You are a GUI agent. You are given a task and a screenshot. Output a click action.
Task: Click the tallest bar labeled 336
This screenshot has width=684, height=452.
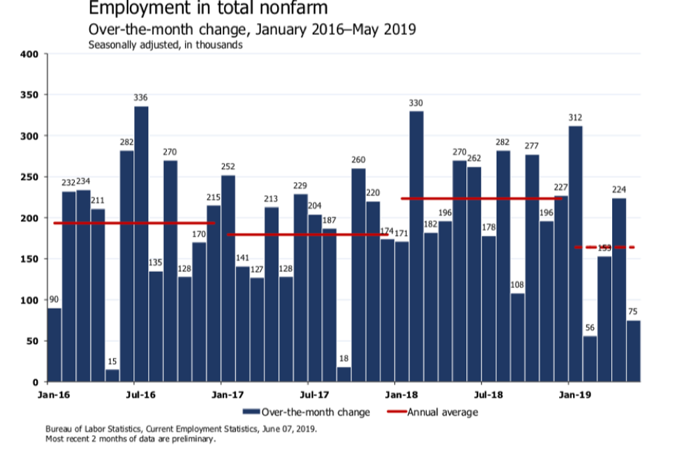coord(141,244)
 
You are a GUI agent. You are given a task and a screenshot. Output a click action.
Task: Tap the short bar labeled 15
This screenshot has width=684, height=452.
coord(112,376)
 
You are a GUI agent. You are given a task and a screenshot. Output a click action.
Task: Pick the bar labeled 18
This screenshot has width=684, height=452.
coord(343,375)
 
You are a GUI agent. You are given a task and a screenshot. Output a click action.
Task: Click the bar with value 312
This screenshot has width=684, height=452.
coord(575,254)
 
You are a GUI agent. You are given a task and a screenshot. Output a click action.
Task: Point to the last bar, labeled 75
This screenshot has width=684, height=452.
coord(633,351)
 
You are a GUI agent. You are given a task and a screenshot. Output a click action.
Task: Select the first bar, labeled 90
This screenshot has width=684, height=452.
coord(54,345)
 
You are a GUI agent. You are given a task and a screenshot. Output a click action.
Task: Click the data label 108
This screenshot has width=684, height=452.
coord(517,285)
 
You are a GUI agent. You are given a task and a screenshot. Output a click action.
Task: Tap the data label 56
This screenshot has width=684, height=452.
coord(590,328)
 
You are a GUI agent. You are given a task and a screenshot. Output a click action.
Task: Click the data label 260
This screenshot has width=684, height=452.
coord(358,160)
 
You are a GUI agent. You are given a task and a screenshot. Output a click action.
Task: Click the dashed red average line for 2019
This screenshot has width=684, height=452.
coord(604,247)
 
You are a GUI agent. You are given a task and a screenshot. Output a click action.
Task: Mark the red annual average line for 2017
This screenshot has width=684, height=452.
coord(307,234)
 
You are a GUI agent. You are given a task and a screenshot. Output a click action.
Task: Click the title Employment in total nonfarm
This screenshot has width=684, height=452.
coord(209,9)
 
